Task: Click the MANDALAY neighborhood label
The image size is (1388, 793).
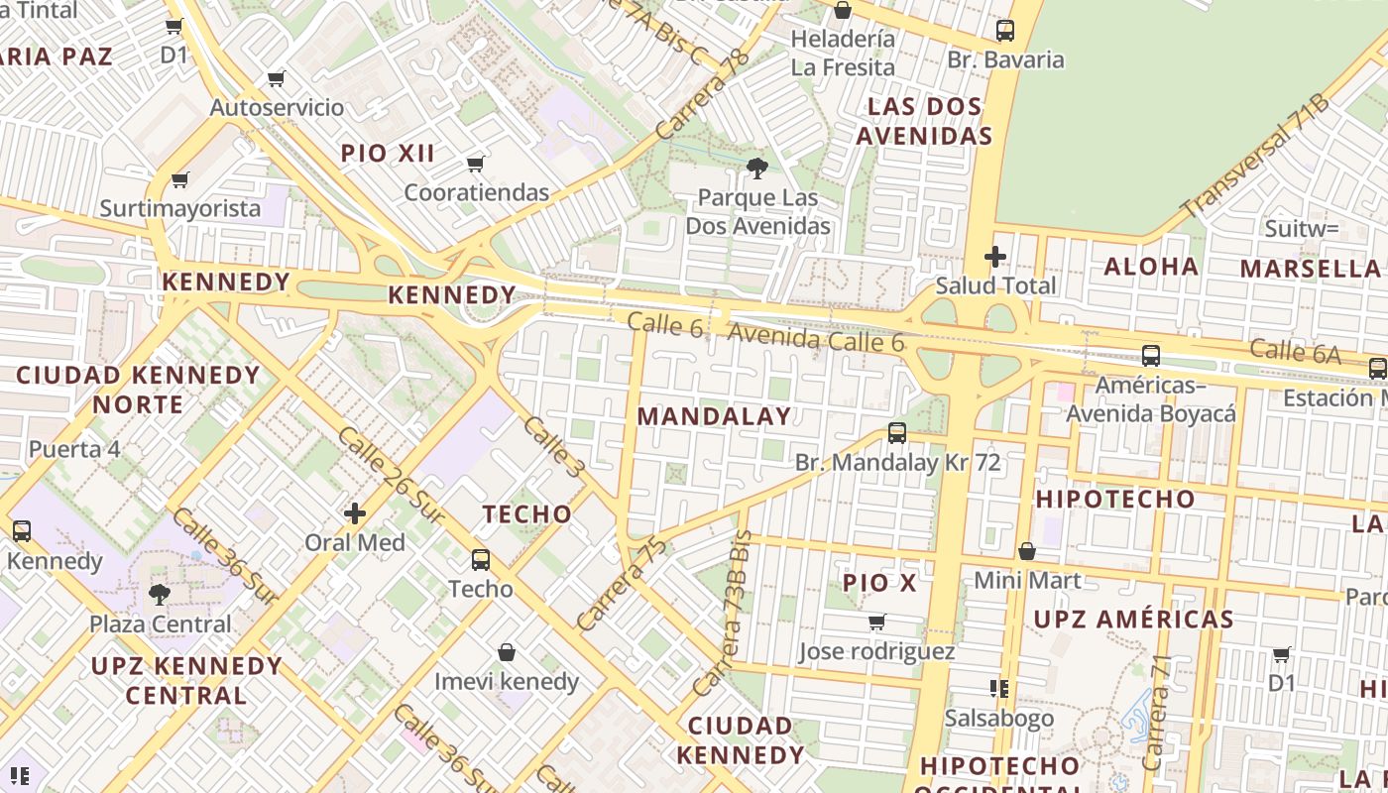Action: [x=714, y=416]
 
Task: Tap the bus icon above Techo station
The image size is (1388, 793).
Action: [x=481, y=560]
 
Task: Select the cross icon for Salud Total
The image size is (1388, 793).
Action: [x=995, y=258]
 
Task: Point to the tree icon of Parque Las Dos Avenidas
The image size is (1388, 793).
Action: [x=757, y=169]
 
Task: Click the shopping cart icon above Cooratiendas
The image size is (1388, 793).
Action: [x=476, y=164]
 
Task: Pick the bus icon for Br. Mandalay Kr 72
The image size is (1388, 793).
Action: [x=897, y=433]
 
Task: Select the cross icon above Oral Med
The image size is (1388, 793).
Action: [x=355, y=513]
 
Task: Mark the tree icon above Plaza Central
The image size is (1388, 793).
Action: [x=159, y=595]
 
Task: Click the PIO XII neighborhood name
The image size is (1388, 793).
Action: [x=388, y=154]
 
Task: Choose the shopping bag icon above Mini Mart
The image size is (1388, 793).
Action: [x=1027, y=551]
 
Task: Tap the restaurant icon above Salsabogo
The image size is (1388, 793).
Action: [x=998, y=688]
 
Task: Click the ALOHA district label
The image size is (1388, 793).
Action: [x=1151, y=267]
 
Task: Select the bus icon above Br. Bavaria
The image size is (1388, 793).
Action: [x=1005, y=31]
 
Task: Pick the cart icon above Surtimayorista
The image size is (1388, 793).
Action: [x=179, y=179]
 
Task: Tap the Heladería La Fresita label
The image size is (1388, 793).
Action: [x=843, y=54]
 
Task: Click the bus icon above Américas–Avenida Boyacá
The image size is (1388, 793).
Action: [x=1151, y=355]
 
